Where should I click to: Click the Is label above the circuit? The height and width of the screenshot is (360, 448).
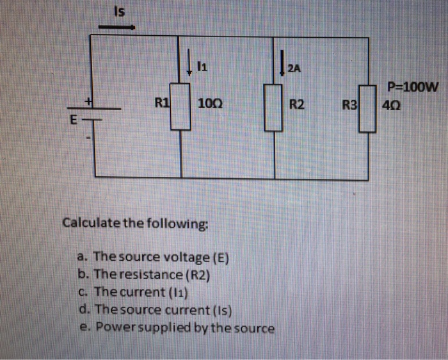pos(118,11)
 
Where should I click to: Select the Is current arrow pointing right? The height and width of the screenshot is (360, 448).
pos(116,28)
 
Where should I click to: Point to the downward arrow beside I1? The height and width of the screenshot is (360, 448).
pos(189,64)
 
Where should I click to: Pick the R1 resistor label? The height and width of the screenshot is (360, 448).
pos(163,101)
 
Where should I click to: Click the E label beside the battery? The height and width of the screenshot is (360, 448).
pos(74,119)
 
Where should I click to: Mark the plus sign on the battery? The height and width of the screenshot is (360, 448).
pos(91,101)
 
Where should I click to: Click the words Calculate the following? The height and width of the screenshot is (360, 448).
pos(135,224)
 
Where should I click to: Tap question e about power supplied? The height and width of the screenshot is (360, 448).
pos(176,329)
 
